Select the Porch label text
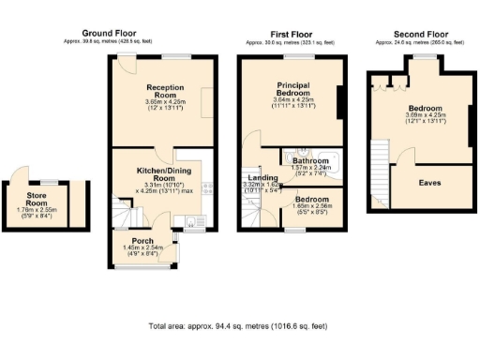[142, 242]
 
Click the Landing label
[262, 178]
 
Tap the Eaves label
[430, 182]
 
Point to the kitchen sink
[190, 222]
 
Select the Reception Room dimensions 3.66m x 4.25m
[152, 102]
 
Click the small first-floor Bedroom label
[310, 200]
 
